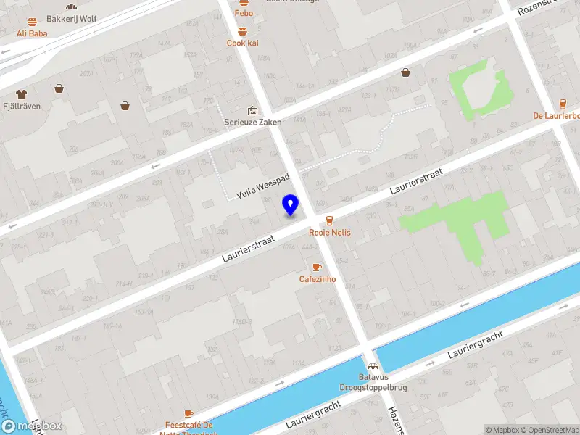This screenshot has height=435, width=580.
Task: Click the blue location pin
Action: (291, 204)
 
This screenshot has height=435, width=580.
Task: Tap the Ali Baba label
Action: (32, 33)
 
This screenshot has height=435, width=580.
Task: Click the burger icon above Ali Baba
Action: (32, 22)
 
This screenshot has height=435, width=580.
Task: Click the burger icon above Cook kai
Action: (242, 31)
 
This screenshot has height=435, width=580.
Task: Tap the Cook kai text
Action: (242, 43)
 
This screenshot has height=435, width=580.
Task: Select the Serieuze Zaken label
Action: (252, 123)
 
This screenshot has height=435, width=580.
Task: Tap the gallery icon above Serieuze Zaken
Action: (252, 111)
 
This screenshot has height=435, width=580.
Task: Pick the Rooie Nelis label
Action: (330, 233)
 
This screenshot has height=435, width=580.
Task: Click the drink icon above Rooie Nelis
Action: (330, 220)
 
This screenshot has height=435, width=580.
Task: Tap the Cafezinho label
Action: (318, 279)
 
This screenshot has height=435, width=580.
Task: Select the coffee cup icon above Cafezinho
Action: (317, 267)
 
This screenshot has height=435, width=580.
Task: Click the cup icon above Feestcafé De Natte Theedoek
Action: (188, 413)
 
